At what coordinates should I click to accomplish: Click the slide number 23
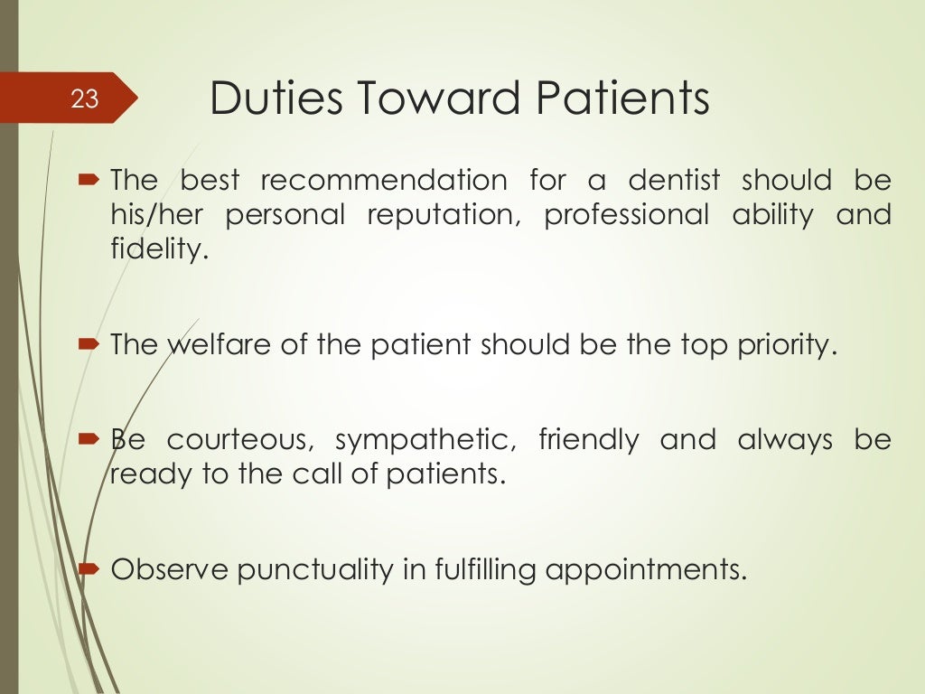click(x=84, y=98)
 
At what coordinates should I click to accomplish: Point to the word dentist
click(x=675, y=181)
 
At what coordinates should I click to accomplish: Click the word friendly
click(x=588, y=442)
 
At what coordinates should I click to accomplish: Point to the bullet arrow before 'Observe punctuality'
click(x=92, y=570)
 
